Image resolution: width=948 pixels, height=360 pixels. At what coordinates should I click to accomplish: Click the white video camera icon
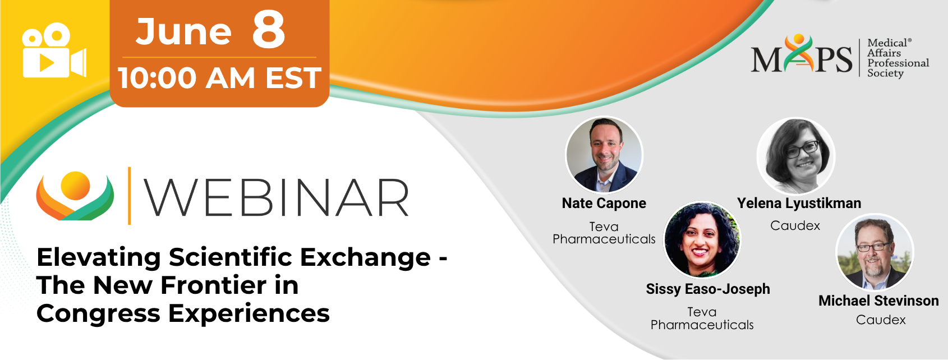[x=54, y=50]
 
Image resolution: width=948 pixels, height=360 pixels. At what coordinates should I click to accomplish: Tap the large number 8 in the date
[x=269, y=30]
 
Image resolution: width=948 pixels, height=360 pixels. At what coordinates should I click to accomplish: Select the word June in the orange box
[x=183, y=32]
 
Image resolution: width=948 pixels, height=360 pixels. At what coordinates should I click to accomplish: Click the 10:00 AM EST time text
[x=219, y=78]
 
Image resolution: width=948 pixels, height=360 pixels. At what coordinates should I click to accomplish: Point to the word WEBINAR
[x=277, y=197]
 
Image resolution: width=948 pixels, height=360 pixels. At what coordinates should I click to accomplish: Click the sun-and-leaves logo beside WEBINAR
[x=75, y=196]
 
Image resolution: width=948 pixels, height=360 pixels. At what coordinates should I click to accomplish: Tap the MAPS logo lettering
[x=802, y=54]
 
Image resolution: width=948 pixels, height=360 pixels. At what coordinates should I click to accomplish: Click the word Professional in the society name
[x=898, y=63]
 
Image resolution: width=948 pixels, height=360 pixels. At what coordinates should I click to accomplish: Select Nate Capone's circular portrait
[x=604, y=155]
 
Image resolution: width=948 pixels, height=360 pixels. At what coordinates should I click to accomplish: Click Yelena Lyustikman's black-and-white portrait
[x=795, y=156]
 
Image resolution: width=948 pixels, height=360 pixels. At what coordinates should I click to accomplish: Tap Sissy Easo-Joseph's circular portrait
[x=702, y=240]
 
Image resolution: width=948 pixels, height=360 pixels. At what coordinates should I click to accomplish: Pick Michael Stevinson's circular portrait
[x=875, y=252]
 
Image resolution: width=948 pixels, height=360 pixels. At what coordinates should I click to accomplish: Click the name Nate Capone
[x=604, y=204]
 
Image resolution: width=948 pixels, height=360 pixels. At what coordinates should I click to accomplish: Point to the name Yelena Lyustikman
[x=799, y=204]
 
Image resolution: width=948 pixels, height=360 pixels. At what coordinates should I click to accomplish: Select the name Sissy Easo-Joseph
[x=708, y=289]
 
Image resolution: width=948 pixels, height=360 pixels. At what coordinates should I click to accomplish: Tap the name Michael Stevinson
[x=878, y=301]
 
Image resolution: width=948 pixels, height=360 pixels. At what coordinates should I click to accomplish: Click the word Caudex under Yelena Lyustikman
[x=795, y=225]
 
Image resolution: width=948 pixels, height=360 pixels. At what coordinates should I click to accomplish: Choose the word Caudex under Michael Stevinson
[x=881, y=320]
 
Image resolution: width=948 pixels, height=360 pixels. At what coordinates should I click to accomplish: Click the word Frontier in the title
[x=208, y=285]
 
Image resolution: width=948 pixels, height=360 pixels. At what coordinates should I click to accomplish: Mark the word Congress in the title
[x=99, y=315]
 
